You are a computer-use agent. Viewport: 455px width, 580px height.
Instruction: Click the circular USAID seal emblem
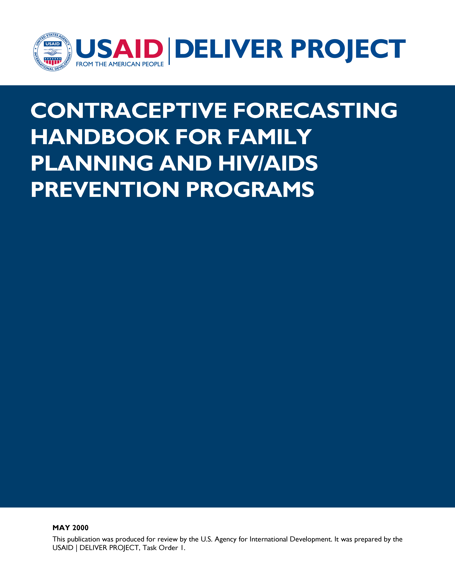[52, 52]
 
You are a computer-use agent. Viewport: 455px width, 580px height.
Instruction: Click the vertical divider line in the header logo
[169, 51]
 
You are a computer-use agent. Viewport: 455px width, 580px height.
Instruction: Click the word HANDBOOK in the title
[100, 137]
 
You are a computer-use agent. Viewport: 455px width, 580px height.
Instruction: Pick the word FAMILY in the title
[270, 137]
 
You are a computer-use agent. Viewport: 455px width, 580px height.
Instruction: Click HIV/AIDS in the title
[268, 163]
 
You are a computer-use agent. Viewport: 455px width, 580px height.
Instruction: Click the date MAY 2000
[70, 528]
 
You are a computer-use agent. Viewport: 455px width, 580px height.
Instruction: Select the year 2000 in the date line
[80, 528]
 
